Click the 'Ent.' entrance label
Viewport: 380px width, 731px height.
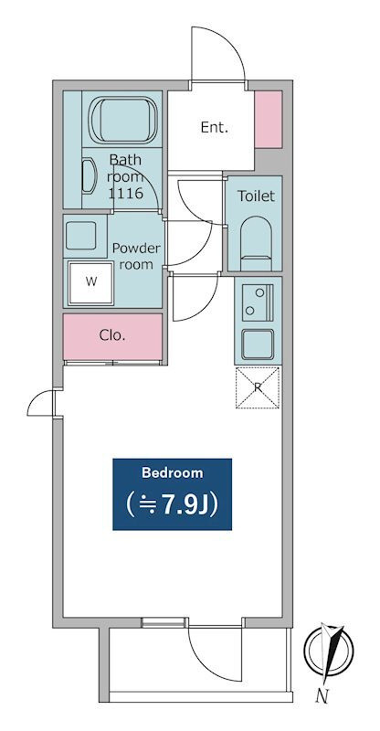coord(214,128)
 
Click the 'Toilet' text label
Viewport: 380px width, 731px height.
coord(256,196)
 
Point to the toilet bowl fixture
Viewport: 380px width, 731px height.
coord(256,242)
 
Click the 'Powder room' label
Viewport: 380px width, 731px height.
coord(136,256)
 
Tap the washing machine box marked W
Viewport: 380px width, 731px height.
coord(90,281)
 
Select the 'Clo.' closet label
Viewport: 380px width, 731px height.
coord(112,334)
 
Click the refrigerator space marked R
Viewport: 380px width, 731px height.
coord(258,387)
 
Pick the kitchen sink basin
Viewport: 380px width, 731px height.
coord(258,344)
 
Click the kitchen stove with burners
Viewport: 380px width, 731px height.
coord(258,302)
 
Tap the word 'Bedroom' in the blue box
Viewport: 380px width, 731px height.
coord(172,473)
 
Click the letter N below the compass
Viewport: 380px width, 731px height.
coord(322,697)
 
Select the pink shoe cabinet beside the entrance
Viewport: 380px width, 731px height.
coord(269,119)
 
